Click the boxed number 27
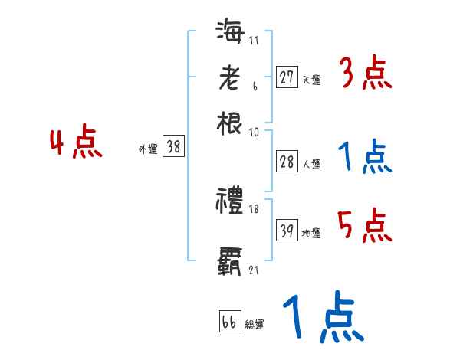pos(287,77)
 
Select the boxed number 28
pos(287,162)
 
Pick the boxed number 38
pos(174,147)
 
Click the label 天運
pos(311,80)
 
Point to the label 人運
pos(311,164)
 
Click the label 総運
pos(255,325)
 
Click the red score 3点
pos(365,74)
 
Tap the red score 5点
pos(365,227)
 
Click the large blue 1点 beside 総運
pos(322,318)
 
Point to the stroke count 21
pos(254,270)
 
